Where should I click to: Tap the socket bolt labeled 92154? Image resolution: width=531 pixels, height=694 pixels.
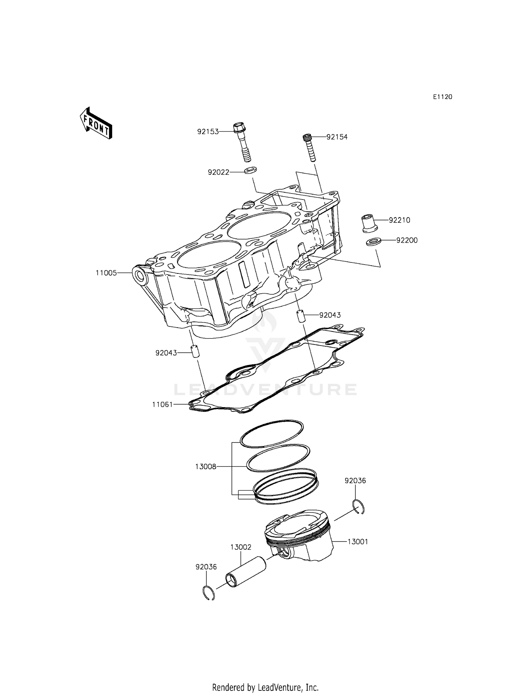pos(309,147)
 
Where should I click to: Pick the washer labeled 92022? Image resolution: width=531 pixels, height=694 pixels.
pos(250,170)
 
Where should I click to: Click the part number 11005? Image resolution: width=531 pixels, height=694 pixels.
pos(106,273)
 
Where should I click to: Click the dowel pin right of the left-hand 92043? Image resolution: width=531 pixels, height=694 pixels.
pos(194,352)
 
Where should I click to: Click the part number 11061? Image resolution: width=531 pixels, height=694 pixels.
pos(162,404)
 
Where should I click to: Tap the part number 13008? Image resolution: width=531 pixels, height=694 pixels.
pos(205,467)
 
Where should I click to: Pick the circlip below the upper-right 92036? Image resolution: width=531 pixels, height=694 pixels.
pos(359,507)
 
